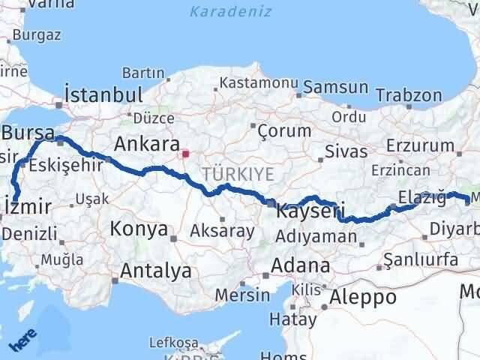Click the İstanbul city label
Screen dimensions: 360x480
tap(103, 95)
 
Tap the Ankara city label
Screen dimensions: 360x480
tap(147, 143)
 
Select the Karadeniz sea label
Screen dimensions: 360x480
tap(223, 11)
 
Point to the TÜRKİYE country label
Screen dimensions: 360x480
tap(236, 174)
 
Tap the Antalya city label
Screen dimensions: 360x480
tap(155, 270)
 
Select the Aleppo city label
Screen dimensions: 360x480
tap(365, 296)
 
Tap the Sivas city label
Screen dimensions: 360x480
tap(346, 151)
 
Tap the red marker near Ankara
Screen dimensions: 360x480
tap(186, 154)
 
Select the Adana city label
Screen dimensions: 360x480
tap(300, 265)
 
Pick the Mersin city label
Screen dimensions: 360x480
tap(241, 295)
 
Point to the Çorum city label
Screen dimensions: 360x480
tap(283, 130)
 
